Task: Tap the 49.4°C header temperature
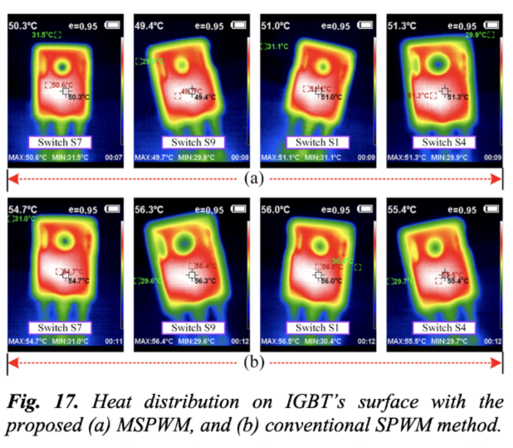coord(148,26)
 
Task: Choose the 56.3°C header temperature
coord(148,211)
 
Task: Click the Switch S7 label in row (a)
coord(65,143)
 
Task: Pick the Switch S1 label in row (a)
coord(317,143)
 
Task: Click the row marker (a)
coord(255,178)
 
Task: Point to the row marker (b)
coord(255,362)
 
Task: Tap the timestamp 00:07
coord(115,157)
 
